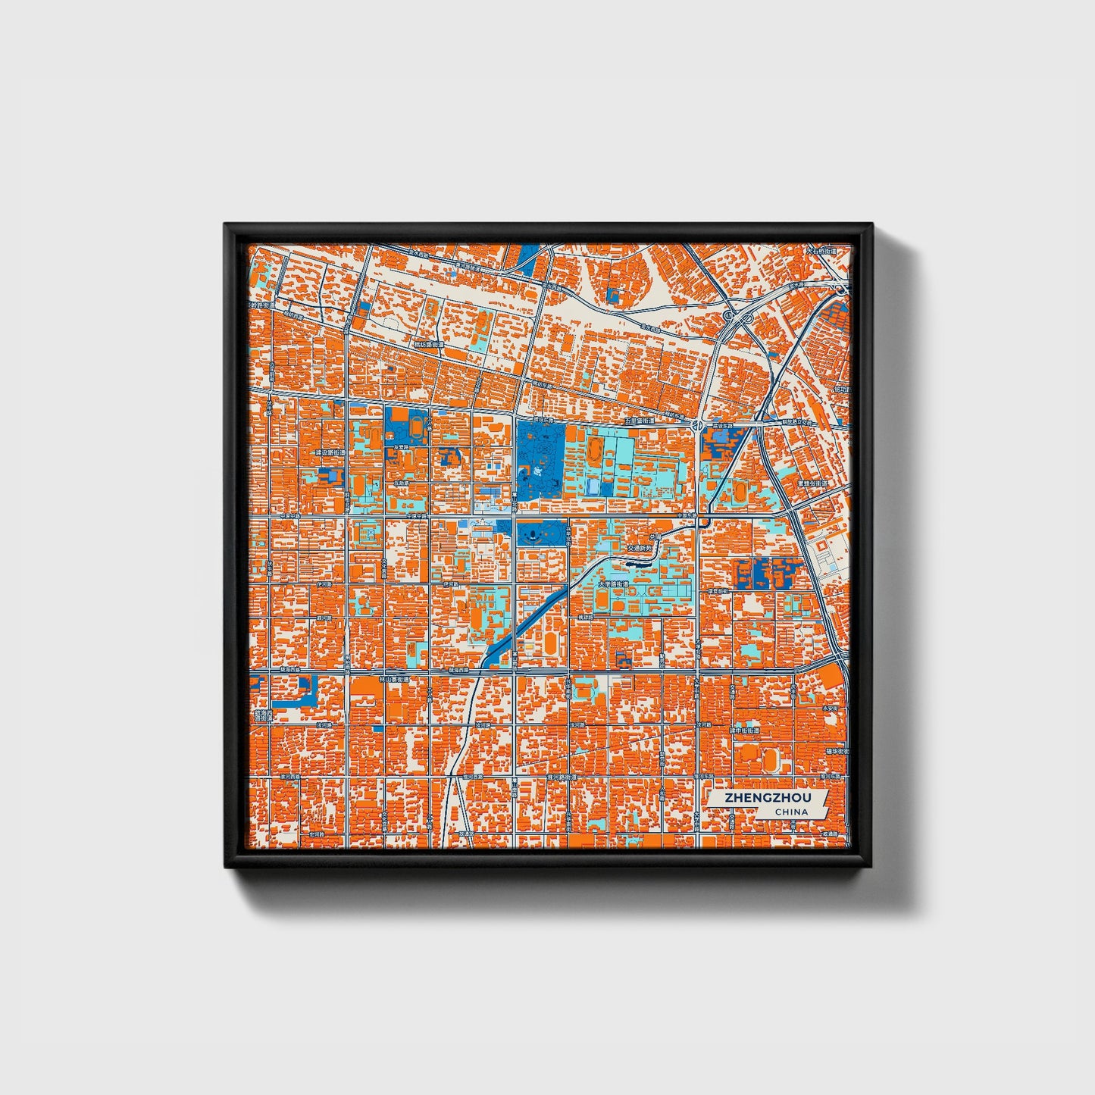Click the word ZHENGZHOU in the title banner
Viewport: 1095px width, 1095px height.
766,798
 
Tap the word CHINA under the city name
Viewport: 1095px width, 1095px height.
790,812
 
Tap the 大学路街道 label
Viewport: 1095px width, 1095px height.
613,584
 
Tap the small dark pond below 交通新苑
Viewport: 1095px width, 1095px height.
637,564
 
